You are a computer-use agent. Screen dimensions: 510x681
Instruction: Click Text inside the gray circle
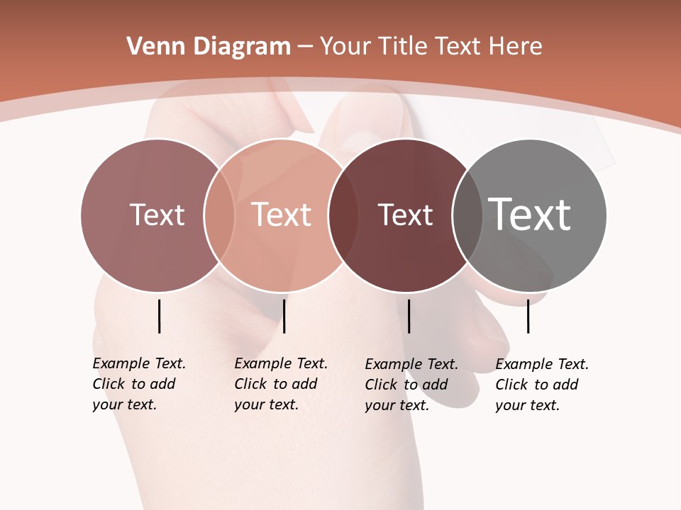point(530,215)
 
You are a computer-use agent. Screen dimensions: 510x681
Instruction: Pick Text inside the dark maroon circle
point(405,215)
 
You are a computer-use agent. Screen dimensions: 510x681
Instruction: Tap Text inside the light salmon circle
point(282,215)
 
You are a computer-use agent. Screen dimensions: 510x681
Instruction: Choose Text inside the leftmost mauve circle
point(157,215)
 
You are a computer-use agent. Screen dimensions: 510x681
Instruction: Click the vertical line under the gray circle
point(528,316)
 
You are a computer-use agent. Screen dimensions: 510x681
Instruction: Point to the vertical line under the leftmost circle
point(160,316)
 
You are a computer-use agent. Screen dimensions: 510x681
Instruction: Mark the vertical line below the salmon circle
point(284,316)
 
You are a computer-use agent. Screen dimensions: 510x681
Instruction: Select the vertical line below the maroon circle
point(409,316)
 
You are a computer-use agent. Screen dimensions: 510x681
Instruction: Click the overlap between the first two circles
point(219,215)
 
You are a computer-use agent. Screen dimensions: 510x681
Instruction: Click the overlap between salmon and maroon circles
point(343,215)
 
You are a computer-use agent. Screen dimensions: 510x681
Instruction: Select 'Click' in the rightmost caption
point(512,385)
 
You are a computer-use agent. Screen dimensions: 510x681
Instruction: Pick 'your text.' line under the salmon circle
point(266,404)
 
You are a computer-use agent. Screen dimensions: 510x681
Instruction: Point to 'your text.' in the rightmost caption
point(527,405)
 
